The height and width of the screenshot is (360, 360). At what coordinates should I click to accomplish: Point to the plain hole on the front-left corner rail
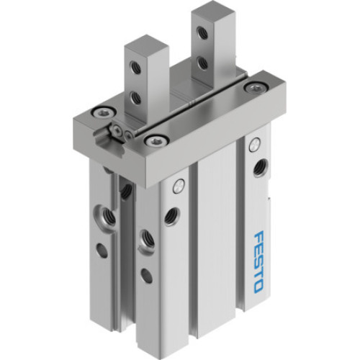tap(146, 274)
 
